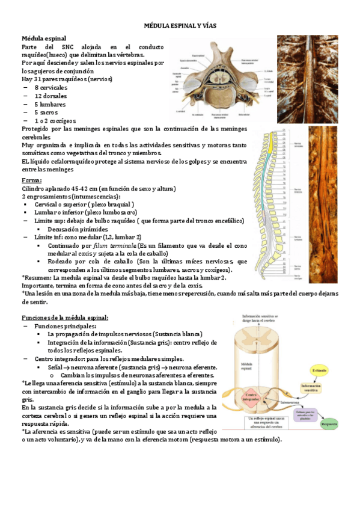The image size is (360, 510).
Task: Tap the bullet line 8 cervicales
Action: pos(50,87)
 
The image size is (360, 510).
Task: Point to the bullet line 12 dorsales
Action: pos(50,96)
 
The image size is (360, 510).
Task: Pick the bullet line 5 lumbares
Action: pos(50,104)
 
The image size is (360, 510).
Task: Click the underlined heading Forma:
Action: pos(32,180)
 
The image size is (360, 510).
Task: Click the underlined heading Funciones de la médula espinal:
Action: pos(65,317)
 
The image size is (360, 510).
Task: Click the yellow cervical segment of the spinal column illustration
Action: pos(276,147)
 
